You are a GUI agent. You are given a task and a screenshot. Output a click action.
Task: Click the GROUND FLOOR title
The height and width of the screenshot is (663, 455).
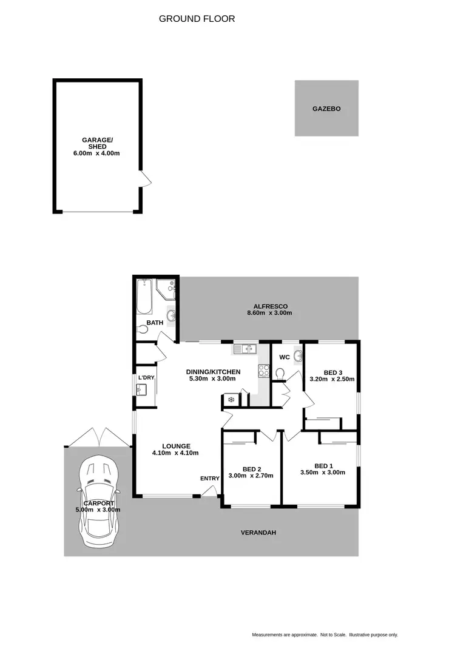pos(197,19)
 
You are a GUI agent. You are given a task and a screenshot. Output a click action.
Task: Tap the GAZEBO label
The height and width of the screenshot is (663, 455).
pos(326,109)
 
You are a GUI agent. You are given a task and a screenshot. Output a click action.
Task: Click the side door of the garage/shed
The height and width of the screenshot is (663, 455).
pos(145,179)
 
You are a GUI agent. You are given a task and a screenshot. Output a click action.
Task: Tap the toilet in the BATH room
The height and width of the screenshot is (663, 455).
pos(143,330)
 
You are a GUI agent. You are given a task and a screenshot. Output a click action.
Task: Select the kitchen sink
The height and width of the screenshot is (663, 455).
pos(244,349)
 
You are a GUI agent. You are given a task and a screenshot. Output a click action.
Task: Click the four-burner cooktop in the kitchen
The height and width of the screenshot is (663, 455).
pos(264,371)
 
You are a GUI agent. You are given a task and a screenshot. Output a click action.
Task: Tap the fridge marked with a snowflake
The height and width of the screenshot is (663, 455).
pos(231,400)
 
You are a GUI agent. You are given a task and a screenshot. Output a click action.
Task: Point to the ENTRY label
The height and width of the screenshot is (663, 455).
pos(210,479)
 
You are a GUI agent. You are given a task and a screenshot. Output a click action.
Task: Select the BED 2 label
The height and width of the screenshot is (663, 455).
pos(251,469)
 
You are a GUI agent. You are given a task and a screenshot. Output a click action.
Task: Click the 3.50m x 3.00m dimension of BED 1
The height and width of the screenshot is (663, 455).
pos(322,473)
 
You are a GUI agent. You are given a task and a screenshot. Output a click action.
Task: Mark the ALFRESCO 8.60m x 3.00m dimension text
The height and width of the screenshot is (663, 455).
pos(269,314)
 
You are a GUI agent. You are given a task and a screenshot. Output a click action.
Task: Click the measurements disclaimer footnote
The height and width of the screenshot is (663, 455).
pos(325,635)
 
